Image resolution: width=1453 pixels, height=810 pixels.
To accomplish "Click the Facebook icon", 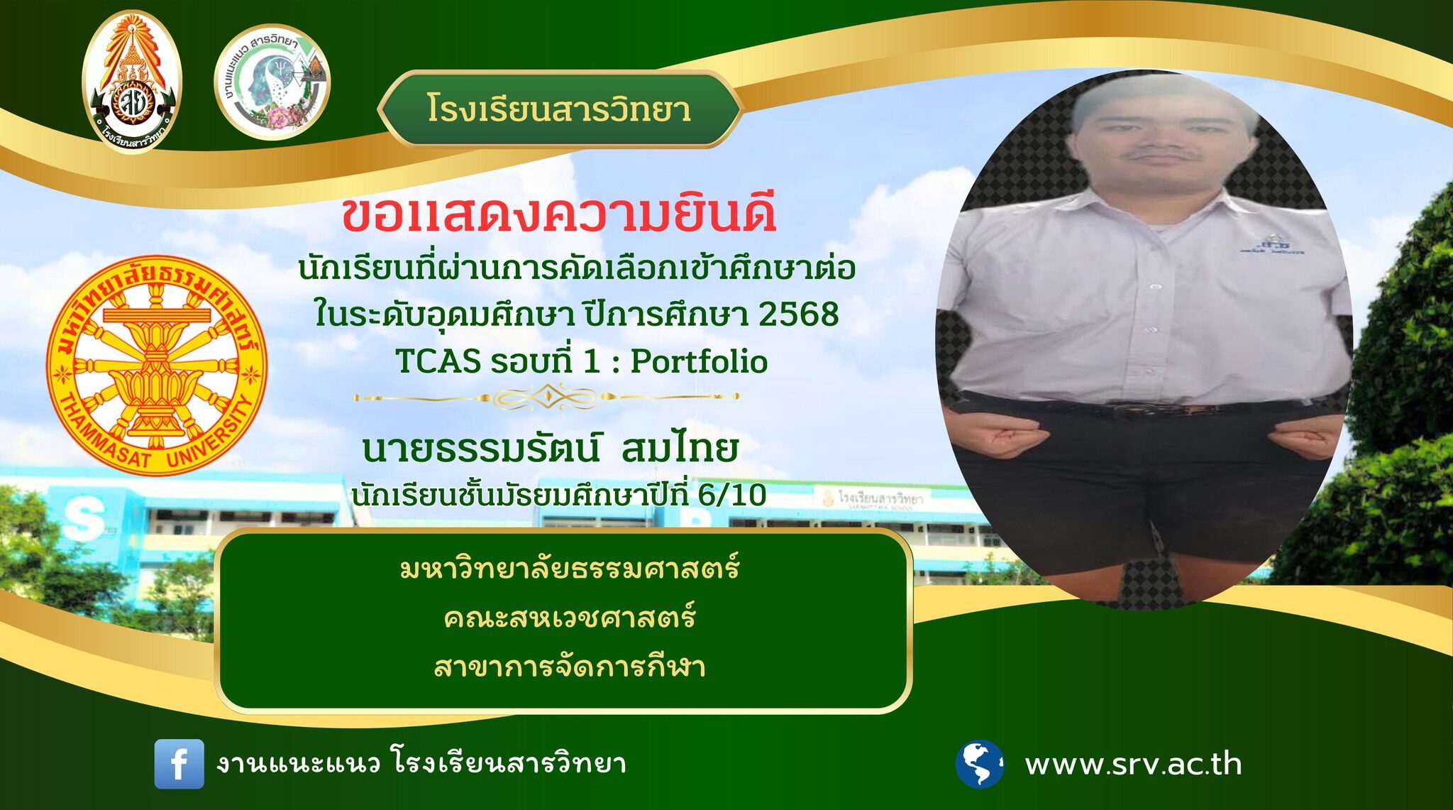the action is tap(179, 764).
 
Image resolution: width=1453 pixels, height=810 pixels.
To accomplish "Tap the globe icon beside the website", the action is tap(979, 764).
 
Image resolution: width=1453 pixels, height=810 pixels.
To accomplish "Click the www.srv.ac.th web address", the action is tap(1133, 765).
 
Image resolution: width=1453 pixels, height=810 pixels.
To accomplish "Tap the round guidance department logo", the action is tap(272, 82).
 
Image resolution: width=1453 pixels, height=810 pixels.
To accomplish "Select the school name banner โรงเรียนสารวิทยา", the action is tap(559, 109).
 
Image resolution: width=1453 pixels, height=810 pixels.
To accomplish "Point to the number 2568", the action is tap(798, 314).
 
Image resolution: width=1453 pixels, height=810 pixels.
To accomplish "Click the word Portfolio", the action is tap(699, 361).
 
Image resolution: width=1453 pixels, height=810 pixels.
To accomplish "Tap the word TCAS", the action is tap(438, 361).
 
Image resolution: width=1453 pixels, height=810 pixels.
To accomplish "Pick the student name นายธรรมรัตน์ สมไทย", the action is tap(551, 448).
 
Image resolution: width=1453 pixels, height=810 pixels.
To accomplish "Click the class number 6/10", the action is tap(732, 495).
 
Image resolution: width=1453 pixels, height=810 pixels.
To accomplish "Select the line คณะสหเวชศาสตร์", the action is tap(569, 616).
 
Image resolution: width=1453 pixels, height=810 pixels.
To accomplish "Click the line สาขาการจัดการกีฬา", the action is tap(569, 667).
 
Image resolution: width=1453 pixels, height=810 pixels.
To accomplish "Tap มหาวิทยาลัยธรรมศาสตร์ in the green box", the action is tap(569, 567).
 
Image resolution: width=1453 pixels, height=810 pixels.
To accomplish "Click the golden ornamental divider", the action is tap(546, 397).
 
